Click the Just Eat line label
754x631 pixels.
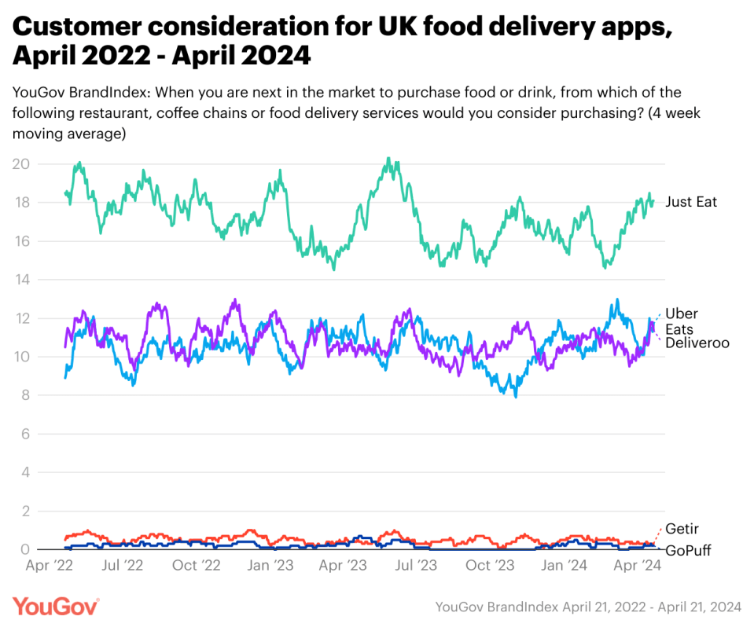691,202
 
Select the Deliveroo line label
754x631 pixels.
697,343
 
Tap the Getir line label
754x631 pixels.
682,529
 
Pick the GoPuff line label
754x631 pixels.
688,550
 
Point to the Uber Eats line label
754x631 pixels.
681,321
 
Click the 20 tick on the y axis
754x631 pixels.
20,164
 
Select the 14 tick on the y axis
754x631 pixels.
20,280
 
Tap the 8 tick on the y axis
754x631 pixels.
24,395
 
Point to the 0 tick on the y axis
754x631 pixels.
24,549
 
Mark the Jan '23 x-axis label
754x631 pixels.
270,565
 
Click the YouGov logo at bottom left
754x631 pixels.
56,606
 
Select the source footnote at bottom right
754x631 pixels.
588,607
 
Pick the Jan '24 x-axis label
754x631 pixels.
564,565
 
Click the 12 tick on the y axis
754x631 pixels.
20,318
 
